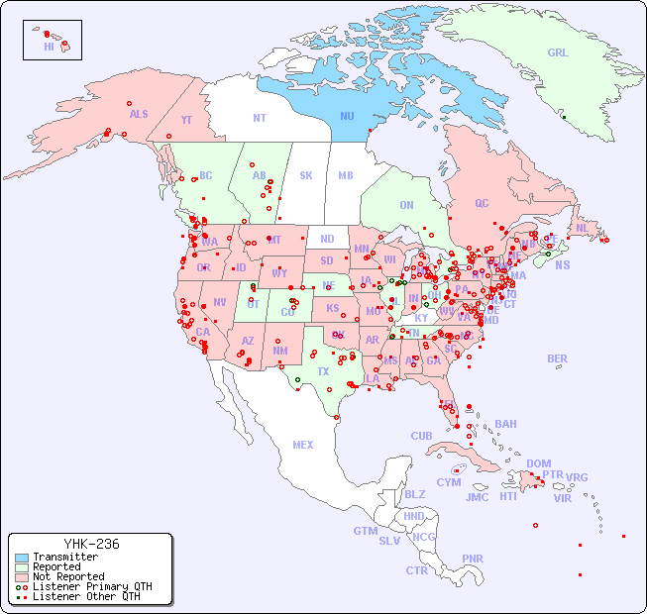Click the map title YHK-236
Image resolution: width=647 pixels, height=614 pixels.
[x=91, y=544]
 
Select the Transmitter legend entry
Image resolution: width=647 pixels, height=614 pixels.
[x=64, y=558]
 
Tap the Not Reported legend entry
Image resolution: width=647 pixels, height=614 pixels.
[x=67, y=576]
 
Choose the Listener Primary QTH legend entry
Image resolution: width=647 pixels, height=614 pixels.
[x=91, y=586]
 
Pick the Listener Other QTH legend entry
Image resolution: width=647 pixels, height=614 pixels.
[x=85, y=596]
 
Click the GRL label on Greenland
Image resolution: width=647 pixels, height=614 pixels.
[x=558, y=53]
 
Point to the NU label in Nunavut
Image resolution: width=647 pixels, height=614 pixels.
[x=348, y=116]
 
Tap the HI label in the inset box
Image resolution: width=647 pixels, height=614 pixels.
[x=49, y=46]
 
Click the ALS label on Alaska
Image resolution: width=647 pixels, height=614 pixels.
[x=139, y=114]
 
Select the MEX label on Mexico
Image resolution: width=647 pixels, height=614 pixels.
[x=303, y=445]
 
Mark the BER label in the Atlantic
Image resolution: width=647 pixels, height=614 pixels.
[x=558, y=358]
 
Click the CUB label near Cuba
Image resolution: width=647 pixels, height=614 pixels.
[x=421, y=436]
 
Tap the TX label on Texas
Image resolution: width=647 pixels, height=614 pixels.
[x=323, y=371]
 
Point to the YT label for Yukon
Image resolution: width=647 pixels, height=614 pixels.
[x=186, y=120]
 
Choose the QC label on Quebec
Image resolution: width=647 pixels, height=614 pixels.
[x=482, y=203]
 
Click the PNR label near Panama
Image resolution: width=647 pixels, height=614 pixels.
[x=473, y=559]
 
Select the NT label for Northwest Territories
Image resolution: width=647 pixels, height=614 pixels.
[x=259, y=118]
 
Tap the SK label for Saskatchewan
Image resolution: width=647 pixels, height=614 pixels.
[x=306, y=175]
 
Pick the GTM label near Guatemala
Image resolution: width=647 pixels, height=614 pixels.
[x=365, y=531]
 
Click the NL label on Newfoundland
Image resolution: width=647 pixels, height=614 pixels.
[x=583, y=227]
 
